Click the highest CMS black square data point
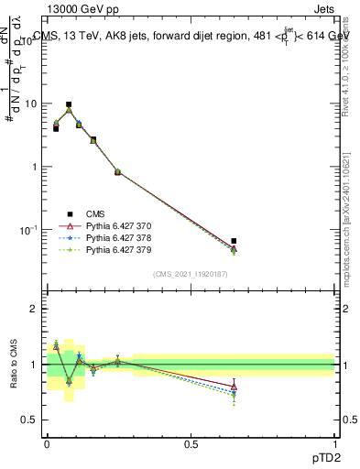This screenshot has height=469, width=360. pos(69,104)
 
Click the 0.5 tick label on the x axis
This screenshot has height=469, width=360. pos(191,443)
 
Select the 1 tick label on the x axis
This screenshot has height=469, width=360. pos(334,443)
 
